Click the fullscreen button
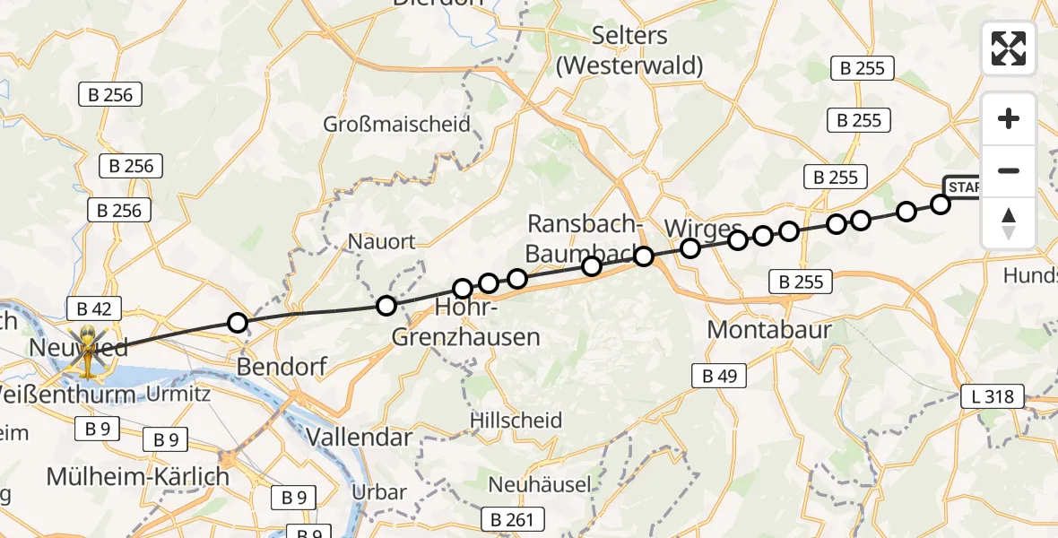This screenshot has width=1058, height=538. (x=1009, y=48)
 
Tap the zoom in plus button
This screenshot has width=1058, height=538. (x=1009, y=118)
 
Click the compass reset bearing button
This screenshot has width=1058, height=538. (x=1009, y=222)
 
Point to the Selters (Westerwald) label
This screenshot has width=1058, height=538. (x=629, y=50)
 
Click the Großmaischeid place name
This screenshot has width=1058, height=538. (x=397, y=124)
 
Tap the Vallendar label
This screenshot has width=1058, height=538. (x=359, y=438)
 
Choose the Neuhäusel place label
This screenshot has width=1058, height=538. (x=539, y=485)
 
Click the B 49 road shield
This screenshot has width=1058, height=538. (x=719, y=377)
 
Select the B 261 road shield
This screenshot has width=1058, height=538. (x=512, y=518)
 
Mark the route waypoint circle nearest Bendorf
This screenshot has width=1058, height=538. (x=237, y=323)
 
